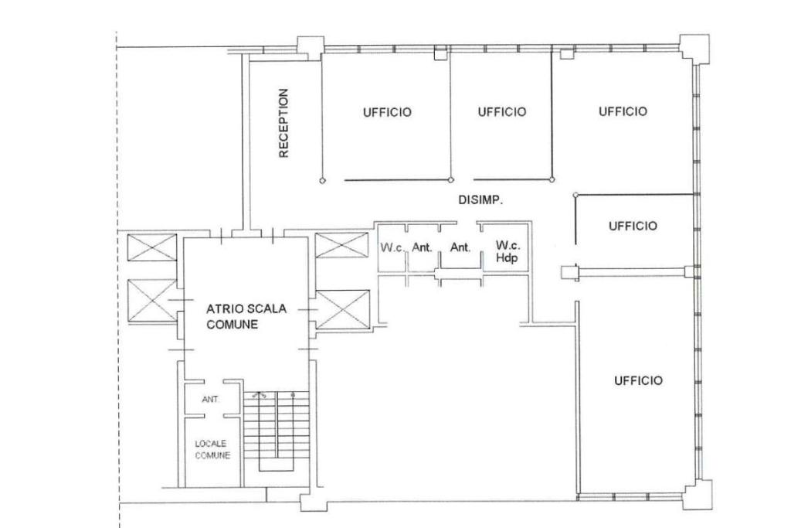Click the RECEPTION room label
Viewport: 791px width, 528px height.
284,123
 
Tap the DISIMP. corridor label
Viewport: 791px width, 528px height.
480,200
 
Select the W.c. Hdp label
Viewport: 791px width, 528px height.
508,251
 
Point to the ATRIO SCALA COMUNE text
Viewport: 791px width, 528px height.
246,316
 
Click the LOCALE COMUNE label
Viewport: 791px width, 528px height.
212,450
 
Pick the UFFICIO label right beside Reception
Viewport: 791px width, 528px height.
387,112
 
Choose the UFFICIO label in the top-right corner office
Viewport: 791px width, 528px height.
623,111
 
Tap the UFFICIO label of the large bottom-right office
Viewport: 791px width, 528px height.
638,380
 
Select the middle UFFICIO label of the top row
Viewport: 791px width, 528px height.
502,111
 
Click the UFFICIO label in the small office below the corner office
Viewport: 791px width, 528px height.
633,226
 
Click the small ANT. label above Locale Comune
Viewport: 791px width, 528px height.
210,399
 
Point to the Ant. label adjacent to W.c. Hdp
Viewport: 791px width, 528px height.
460,247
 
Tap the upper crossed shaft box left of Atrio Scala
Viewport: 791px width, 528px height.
152,247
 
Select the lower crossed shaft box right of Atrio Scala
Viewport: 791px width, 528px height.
342,309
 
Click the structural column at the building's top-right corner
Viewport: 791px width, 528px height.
694,48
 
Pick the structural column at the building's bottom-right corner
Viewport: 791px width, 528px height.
698,495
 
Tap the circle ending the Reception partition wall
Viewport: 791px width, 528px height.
322,180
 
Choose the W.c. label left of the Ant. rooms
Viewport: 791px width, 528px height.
392,248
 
